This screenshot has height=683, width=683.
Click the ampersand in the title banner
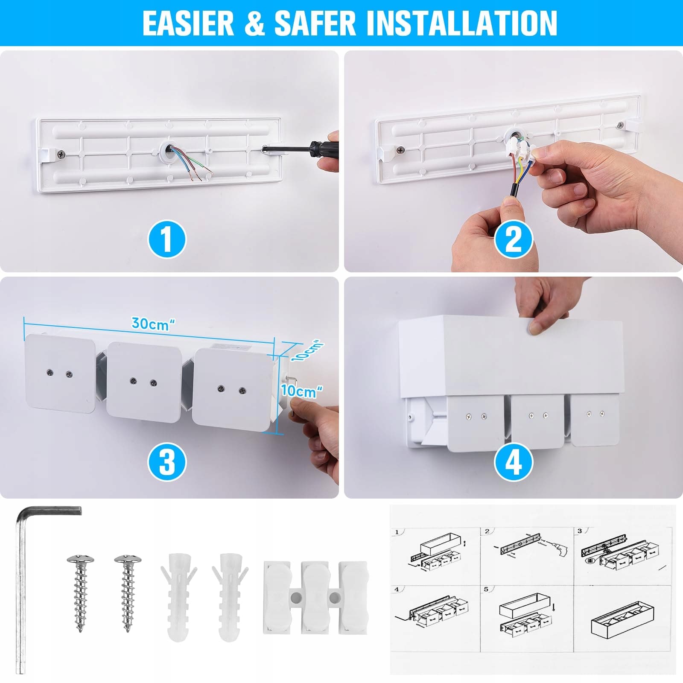(255, 23)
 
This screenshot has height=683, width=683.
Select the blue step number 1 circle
(167, 239)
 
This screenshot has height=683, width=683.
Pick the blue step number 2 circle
(514, 239)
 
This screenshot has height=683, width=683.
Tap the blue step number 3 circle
(167, 462)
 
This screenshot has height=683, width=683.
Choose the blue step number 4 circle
(514, 462)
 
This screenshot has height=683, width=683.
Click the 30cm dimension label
(153, 324)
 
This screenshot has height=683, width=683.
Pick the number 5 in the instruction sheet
(486, 590)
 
